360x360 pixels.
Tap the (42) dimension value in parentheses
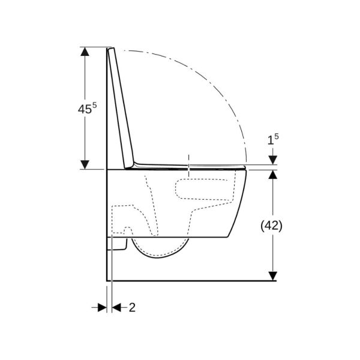click(x=272, y=226)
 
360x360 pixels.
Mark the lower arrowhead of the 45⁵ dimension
click(x=85, y=164)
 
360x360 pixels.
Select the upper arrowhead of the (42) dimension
click(x=272, y=175)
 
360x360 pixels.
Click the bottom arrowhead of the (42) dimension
click(x=272, y=275)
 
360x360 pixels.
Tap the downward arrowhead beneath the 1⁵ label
click(x=272, y=160)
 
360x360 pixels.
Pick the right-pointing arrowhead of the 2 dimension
click(x=102, y=307)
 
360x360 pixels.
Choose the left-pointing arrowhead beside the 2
click(x=116, y=307)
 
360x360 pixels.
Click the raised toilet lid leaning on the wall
click(x=120, y=108)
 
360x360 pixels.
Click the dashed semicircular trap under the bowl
click(x=159, y=249)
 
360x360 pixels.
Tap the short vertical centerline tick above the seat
click(x=188, y=160)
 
